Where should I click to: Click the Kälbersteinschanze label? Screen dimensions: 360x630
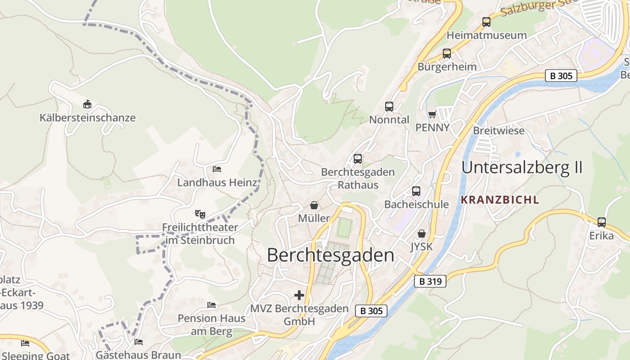tap(87, 118)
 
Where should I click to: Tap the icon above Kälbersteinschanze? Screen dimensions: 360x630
tap(87, 104)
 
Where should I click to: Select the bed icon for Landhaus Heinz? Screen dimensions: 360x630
tap(217, 169)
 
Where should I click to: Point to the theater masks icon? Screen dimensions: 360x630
tap(200, 213)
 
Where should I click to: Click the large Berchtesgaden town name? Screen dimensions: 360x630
tap(330, 255)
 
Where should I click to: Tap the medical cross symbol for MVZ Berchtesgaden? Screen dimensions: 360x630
tap(299, 295)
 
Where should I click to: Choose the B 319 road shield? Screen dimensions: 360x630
tap(430, 282)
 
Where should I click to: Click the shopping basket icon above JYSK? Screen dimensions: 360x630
tap(422, 234)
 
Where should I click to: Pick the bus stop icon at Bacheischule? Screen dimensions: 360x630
tap(416, 191)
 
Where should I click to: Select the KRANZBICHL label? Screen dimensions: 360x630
tap(499, 200)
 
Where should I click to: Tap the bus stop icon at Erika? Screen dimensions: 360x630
tap(602, 222)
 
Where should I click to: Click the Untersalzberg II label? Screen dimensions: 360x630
tap(522, 167)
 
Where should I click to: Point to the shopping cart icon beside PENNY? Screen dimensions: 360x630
tap(432, 114)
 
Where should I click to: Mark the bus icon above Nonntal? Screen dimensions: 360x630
tap(389, 107)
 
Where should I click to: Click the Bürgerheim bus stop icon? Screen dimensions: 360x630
tap(447, 54)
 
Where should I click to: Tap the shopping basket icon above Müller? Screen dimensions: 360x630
tap(314, 205)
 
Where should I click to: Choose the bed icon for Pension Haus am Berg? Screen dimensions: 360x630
tap(211, 305)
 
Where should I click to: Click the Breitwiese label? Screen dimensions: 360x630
tap(499, 130)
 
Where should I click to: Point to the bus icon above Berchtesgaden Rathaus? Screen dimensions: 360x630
tap(358, 159)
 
